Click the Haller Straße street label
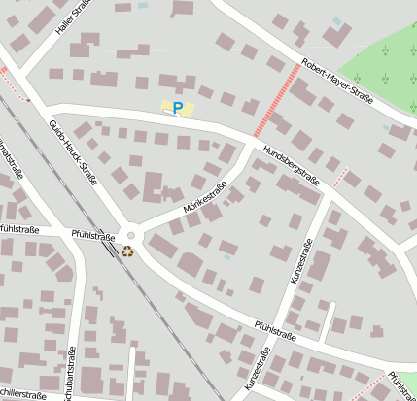(74, 17)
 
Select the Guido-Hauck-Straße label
(74, 151)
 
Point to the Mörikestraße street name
(205, 198)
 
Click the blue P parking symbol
(178, 109)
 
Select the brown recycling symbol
(127, 251)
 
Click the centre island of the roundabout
(131, 235)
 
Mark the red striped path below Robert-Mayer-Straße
(276, 100)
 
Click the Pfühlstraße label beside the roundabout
(94, 234)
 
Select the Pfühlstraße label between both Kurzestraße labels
(275, 331)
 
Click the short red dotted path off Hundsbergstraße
(340, 177)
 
